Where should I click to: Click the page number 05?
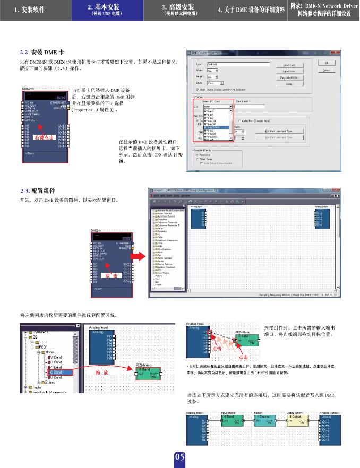pyautogui.click(x=179, y=456)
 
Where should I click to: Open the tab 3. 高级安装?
pyautogui.click(x=178, y=10)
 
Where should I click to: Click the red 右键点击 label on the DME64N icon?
pyautogui.click(x=43, y=137)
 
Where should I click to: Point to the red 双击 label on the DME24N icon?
pyautogui.click(x=112, y=275)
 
